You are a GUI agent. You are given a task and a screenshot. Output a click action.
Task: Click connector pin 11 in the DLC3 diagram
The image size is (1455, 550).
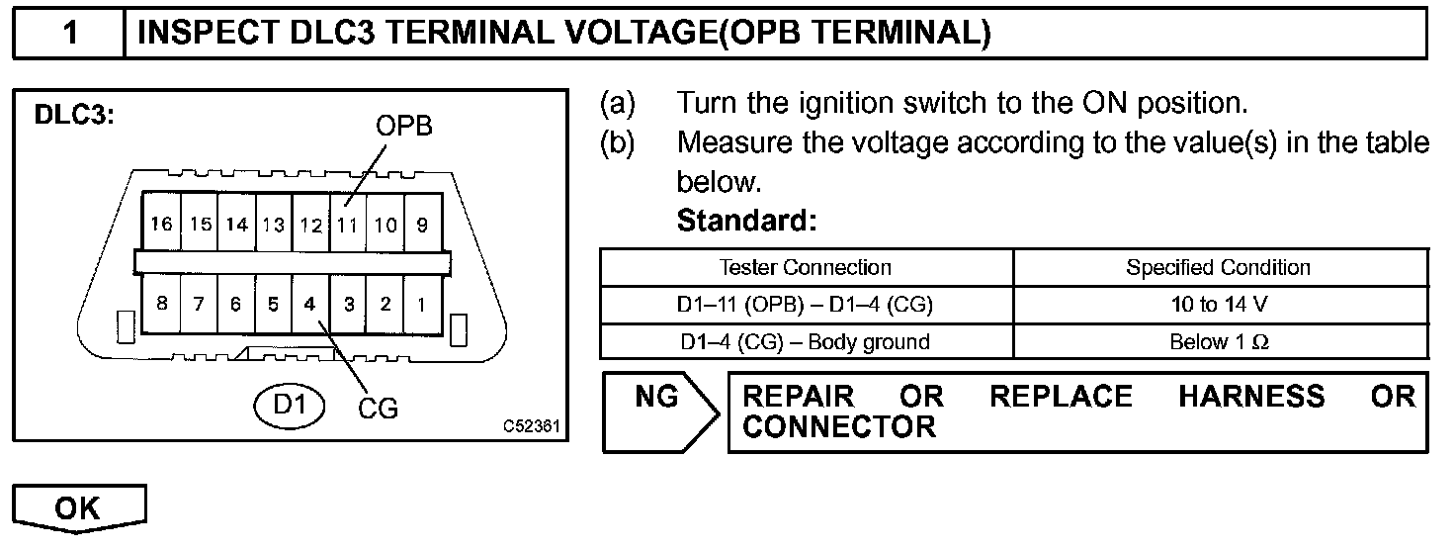tap(347, 226)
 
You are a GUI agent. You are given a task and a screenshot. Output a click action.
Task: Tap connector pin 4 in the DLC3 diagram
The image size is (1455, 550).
tap(309, 305)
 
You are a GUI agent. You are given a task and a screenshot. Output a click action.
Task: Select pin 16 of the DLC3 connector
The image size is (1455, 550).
tap(160, 226)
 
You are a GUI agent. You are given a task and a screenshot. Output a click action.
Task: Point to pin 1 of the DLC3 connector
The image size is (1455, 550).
tap(422, 305)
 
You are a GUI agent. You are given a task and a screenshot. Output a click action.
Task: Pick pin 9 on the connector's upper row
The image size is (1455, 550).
tap(422, 226)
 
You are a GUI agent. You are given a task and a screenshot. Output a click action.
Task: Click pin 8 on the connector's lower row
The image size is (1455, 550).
tap(160, 305)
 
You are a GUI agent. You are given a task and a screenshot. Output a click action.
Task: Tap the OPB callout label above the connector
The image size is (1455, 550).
tap(403, 127)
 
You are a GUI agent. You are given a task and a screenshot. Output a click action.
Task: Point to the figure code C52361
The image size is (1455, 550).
tap(531, 427)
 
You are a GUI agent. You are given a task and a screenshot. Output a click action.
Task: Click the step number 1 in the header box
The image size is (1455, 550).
tap(70, 34)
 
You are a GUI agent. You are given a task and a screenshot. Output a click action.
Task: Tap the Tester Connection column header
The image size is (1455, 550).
tap(806, 267)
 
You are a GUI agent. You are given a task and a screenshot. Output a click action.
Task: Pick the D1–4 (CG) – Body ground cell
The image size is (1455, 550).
tap(806, 342)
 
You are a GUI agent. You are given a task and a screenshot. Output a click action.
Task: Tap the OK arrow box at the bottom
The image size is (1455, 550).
tap(80, 508)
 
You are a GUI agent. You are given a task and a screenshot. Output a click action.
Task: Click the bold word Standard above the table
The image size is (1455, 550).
tap(746, 221)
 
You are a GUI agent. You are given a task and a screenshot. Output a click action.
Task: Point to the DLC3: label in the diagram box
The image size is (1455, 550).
tap(76, 115)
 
